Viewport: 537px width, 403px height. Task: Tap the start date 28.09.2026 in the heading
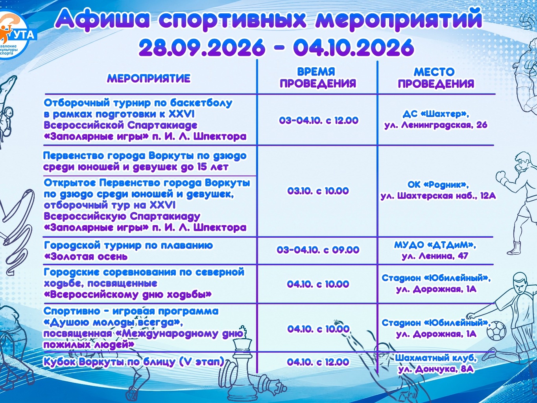tap(202, 47)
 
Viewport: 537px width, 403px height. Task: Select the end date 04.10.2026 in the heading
tap(354, 47)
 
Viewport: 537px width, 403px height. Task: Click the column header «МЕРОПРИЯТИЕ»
tap(149, 78)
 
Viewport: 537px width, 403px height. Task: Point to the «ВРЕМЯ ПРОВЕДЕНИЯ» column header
tap(318, 78)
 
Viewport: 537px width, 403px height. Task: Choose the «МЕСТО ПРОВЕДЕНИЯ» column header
tap(436, 78)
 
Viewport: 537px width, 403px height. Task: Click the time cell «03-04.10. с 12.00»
tap(319, 120)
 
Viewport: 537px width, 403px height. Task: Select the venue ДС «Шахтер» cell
tap(436, 120)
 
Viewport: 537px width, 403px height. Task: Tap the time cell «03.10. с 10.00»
tap(318, 191)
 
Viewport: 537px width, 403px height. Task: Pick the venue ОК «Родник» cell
tap(438, 190)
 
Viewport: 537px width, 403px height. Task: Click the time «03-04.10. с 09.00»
tap(318, 250)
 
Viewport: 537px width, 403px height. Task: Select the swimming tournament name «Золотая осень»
tap(86, 257)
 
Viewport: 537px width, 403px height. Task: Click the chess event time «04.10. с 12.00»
tap(318, 362)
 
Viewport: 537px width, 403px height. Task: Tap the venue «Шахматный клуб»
tap(436, 358)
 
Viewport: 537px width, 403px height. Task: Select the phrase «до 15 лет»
tap(205, 167)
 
